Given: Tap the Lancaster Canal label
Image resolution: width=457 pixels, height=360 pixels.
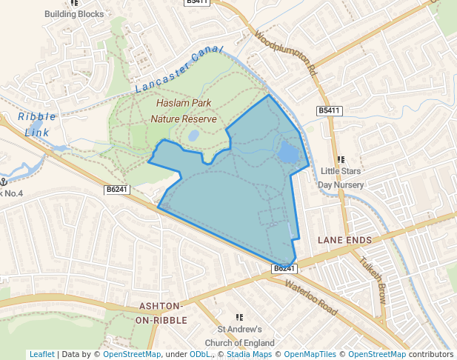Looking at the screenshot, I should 179,70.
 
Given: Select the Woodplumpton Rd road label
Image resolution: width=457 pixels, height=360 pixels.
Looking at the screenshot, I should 286,54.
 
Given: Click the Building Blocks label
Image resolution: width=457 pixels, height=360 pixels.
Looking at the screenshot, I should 74,13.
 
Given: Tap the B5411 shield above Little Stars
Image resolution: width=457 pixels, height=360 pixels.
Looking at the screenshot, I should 330,110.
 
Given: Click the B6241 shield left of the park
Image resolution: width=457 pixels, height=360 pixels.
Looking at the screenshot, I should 117,190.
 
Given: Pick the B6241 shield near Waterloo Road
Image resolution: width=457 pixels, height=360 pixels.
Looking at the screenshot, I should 284,268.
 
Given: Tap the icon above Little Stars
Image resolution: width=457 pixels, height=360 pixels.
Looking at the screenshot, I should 341,159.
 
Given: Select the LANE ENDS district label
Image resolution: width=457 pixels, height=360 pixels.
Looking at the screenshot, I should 344,240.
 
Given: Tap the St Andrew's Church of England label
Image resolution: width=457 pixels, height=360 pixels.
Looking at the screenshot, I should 239,336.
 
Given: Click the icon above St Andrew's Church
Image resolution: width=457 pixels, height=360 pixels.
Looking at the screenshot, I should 239,317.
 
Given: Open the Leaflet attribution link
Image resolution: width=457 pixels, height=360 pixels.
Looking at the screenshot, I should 41,354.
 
